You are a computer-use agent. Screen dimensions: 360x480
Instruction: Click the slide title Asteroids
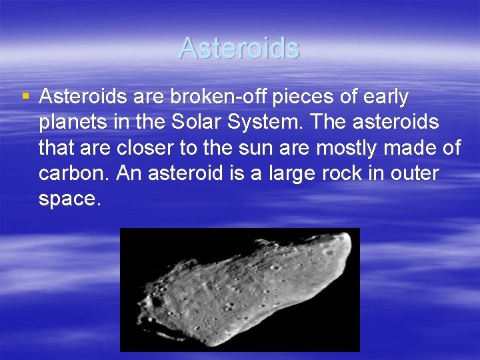point(239,48)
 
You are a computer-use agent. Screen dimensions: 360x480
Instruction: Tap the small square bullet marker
point(25,97)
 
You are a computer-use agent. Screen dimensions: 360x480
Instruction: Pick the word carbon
point(73,173)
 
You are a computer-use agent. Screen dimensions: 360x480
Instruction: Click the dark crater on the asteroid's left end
point(157,301)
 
